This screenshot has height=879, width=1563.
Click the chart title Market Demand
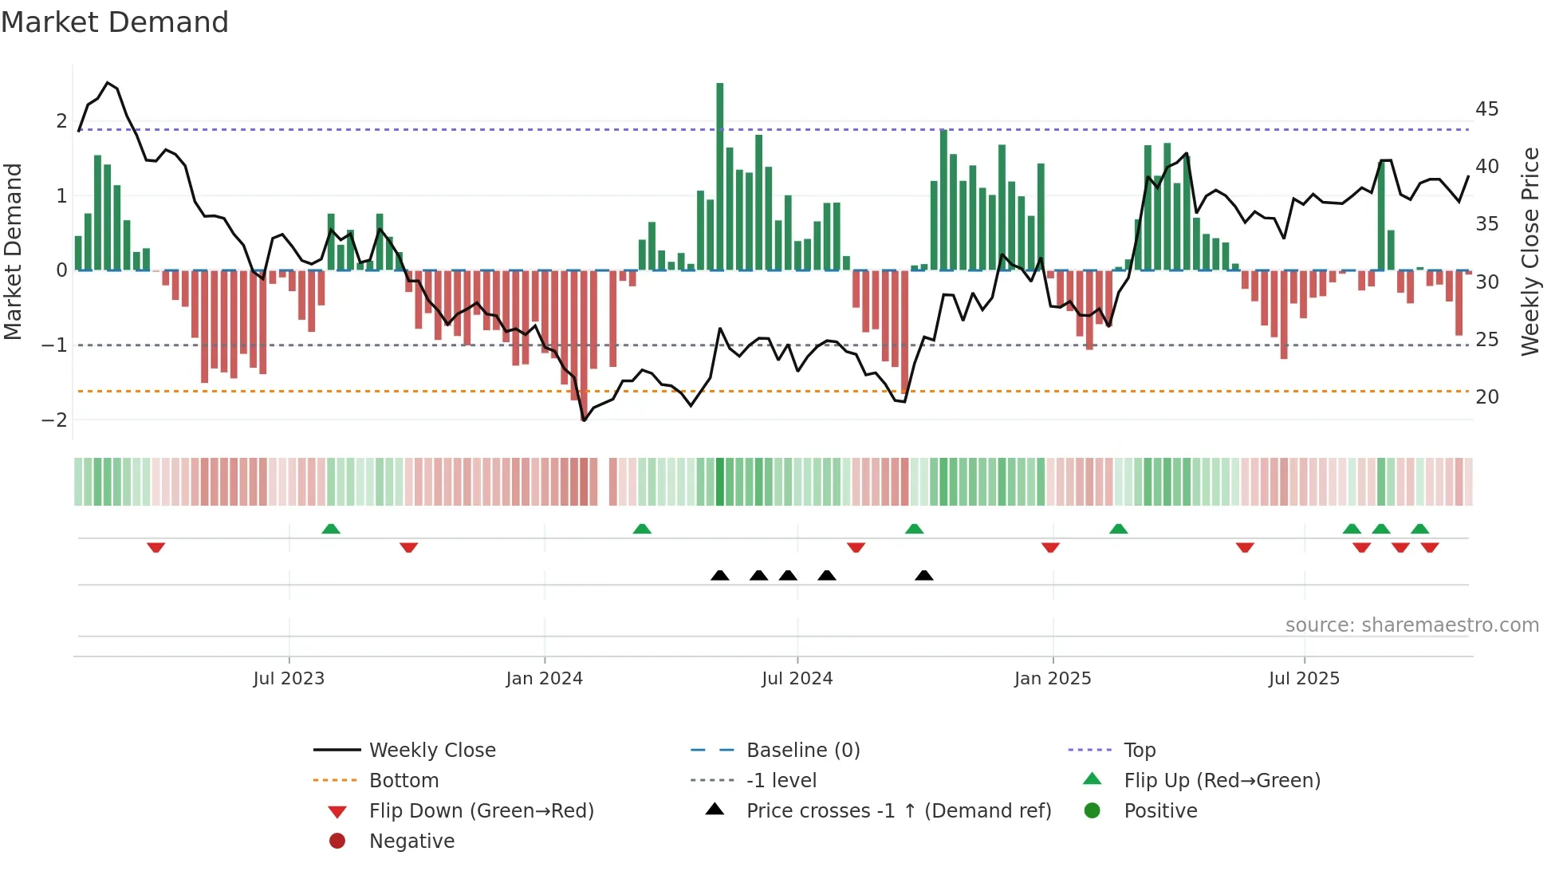115,22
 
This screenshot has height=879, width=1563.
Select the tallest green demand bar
720,175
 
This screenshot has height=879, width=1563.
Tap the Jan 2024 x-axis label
544,679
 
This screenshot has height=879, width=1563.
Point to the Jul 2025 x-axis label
1304,679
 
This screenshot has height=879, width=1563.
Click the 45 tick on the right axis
1486,108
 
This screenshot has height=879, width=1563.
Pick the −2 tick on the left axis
54,420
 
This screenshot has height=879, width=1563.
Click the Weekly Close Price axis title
1530,251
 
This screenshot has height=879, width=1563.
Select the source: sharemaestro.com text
1411,625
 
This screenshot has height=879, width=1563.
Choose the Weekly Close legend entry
431,750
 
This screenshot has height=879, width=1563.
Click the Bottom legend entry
404,780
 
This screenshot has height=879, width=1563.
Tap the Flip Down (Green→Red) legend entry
481,810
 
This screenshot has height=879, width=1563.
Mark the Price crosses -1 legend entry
898,810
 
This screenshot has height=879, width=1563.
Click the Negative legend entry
411,841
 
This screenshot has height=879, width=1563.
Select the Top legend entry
1139,750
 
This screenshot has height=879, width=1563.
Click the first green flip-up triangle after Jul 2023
331,529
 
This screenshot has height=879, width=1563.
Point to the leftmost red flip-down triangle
156,547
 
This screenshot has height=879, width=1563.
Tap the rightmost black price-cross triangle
923,575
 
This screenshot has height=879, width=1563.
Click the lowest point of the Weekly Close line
584,420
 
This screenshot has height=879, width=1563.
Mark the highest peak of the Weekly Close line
108,82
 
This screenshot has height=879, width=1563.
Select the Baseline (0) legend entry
802,750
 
